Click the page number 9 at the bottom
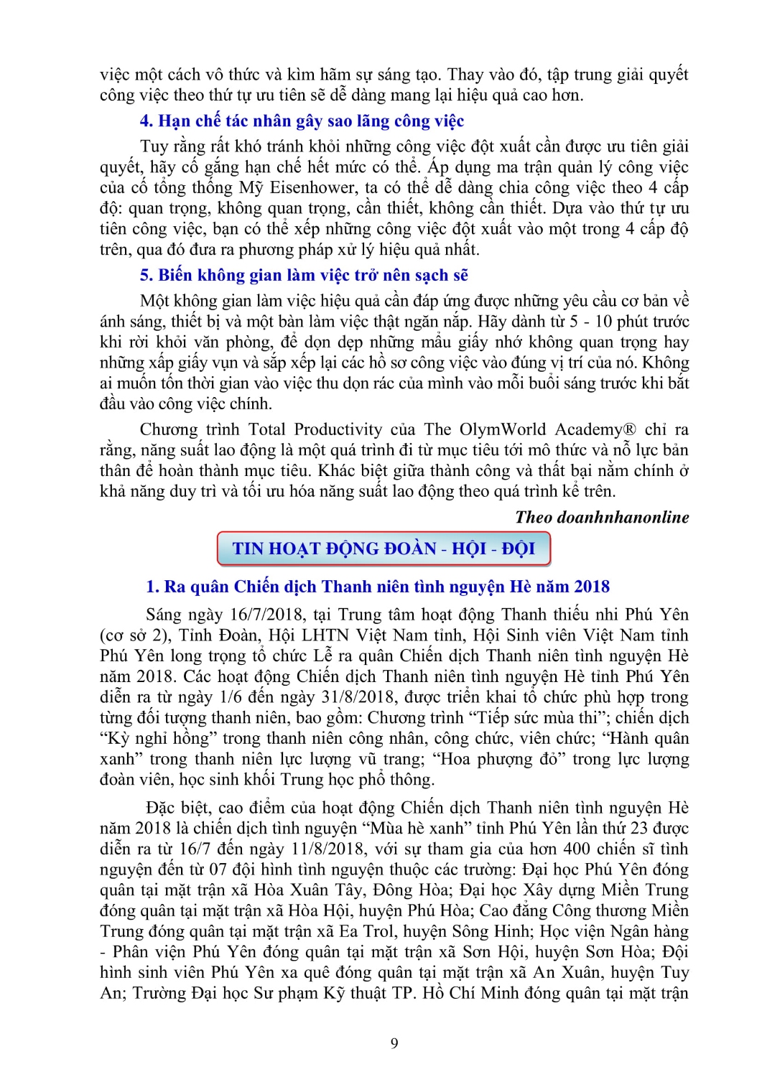pyautogui.click(x=394, y=1043)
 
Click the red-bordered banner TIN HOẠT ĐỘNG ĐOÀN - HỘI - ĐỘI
pyautogui.click(x=384, y=549)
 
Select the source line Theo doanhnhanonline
pyautogui.click(x=602, y=517)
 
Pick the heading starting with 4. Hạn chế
pyautogui.click(x=302, y=121)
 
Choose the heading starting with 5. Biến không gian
pyautogui.click(x=304, y=275)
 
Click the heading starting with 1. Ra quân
pyautogui.click(x=378, y=587)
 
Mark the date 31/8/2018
pyautogui.click(x=354, y=697)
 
